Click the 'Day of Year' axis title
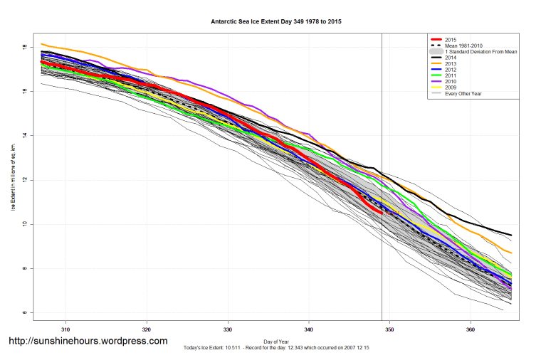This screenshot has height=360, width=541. (277, 341)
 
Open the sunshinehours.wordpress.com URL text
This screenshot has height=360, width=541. (88, 342)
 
